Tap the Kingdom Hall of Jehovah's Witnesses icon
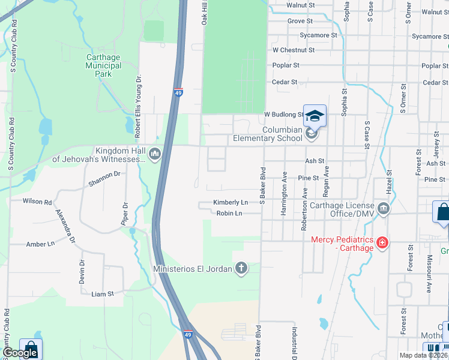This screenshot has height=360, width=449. (x=155, y=154)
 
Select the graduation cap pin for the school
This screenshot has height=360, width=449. (x=315, y=116)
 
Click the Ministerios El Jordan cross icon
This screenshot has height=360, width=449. (x=241, y=268)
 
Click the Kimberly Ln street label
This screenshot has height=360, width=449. (x=231, y=203)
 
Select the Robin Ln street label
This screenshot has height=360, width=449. (x=229, y=213)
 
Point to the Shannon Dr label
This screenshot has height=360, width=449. (x=104, y=175)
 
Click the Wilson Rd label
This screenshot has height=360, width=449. (x=37, y=202)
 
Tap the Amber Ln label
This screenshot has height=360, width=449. (x=40, y=244)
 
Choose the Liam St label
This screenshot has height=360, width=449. (x=102, y=294)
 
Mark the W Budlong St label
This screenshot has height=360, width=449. (x=285, y=114)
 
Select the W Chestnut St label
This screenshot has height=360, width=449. (x=294, y=50)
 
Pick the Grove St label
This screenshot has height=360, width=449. (x=300, y=21)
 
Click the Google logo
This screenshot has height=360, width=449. (x=20, y=353)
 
